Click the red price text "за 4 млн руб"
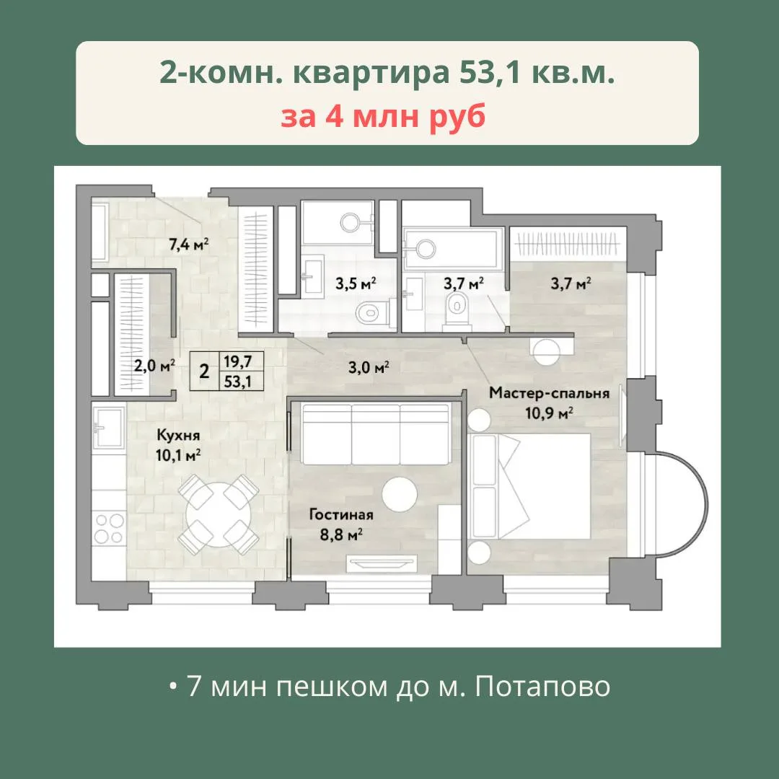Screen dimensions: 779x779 383,118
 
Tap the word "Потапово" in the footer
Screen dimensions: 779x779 542,686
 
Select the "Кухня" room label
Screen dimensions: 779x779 178,435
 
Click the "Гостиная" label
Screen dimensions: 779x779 340,514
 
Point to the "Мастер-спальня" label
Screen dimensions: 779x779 549,393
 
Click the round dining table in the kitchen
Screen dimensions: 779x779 219,515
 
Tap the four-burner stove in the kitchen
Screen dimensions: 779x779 110,528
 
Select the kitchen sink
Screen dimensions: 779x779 110,427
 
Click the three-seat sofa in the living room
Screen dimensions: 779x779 376,433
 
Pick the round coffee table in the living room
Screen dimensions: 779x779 400,494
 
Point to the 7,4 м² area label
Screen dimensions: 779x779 188,245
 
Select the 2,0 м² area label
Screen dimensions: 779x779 154,366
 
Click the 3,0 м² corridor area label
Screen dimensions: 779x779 368,368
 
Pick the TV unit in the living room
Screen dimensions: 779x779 382,563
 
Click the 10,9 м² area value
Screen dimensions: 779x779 550,413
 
